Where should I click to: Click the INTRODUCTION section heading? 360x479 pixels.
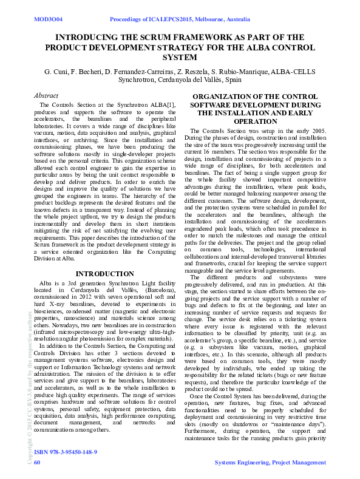pyautogui.click(x=104, y=274)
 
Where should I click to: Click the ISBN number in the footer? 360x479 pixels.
pyautogui.click(x=66, y=452)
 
